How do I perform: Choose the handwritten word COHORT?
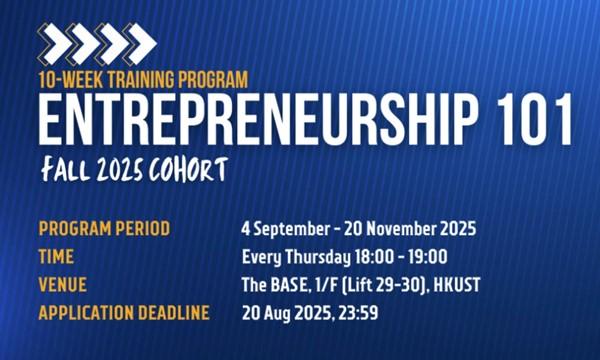click(189, 169)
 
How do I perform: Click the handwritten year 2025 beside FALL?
click(119, 170)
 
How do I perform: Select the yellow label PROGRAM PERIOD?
click(104, 229)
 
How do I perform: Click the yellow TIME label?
click(56, 257)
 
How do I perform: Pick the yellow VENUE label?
click(63, 285)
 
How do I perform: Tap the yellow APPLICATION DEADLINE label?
click(124, 313)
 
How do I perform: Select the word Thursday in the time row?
click(318, 257)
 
